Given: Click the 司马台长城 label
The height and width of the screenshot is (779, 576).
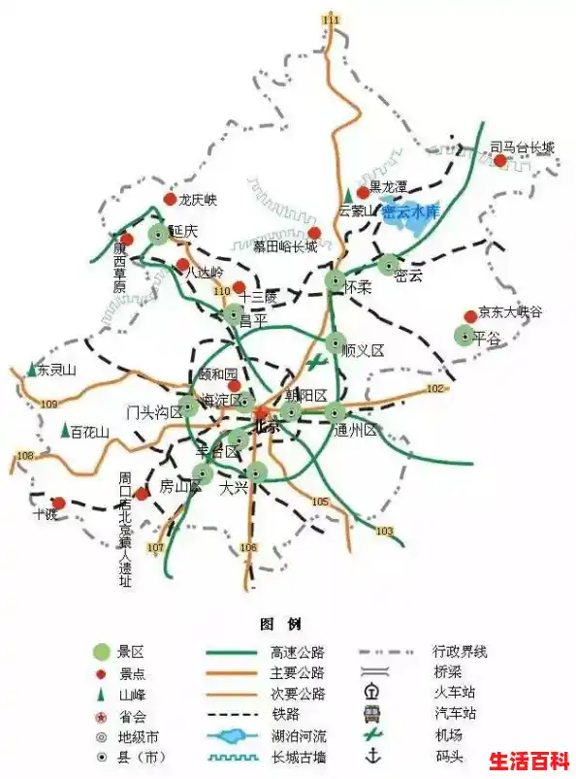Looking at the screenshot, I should (522, 147).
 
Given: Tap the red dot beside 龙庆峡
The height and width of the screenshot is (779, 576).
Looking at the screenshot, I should (170, 200).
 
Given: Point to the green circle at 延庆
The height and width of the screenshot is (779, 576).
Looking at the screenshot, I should (158, 233).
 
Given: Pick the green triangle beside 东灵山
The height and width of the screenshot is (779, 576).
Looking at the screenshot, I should (32, 370).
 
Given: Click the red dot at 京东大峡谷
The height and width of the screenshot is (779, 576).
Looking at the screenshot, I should (470, 315).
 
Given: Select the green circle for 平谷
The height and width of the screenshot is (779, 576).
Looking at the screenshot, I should (464, 336).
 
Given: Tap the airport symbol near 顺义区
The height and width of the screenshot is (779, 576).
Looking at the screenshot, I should (316, 363).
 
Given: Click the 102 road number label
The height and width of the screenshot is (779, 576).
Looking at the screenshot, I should (434, 389).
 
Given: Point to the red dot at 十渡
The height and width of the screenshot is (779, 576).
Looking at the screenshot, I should (58, 503).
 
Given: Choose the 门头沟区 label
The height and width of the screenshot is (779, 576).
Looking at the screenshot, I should (153, 411).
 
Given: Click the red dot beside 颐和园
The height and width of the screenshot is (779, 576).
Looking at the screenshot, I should (234, 385).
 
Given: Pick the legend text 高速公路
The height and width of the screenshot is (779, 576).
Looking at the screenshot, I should (278, 651).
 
